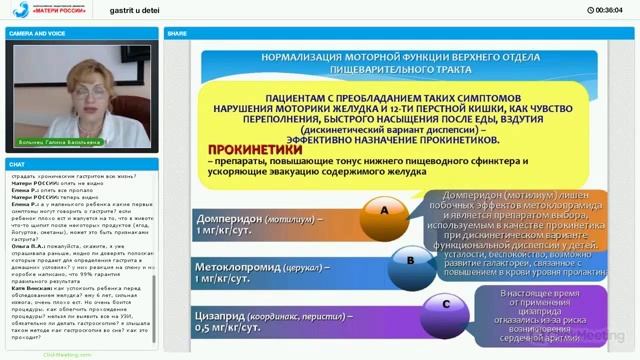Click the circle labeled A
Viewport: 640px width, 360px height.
(x=383, y=211)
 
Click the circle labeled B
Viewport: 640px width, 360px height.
(x=410, y=260)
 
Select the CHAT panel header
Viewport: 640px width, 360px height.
(x=17, y=163)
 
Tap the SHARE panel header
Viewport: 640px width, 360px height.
(x=178, y=33)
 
